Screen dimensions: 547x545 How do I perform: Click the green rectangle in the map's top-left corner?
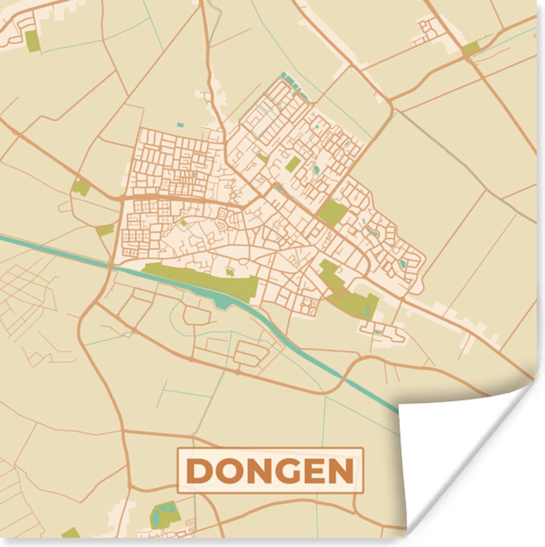[x=32, y=41]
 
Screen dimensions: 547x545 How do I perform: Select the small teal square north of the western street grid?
[x=180, y=124]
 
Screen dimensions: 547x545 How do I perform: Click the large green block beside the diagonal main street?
[x=332, y=212]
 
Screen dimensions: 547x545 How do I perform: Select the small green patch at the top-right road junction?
[x=471, y=48]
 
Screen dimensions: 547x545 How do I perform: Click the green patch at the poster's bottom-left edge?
[x=71, y=533]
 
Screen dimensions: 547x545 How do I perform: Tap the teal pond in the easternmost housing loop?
[x=402, y=263]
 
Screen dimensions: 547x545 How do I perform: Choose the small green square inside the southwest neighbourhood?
[x=183, y=223]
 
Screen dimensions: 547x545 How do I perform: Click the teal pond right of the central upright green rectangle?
[x=316, y=170]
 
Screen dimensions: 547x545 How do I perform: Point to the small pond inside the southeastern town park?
[x=364, y=312]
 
